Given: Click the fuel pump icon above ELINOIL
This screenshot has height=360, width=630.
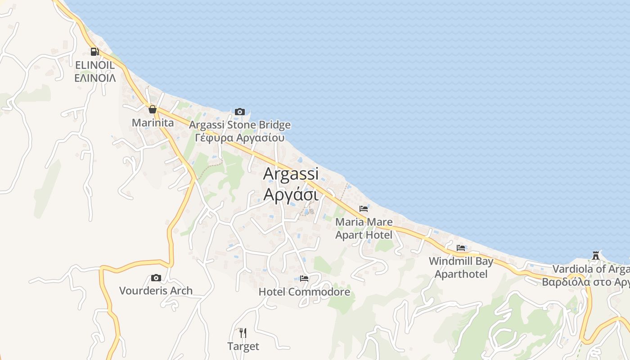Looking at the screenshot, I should (x=94, y=52).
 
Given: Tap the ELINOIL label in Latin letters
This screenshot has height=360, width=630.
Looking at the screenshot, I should (x=95, y=65).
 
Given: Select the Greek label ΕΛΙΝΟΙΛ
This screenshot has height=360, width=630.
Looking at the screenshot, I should (x=95, y=78).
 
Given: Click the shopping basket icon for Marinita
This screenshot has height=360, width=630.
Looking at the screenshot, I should (x=153, y=109).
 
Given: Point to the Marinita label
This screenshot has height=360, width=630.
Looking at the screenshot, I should (x=153, y=122).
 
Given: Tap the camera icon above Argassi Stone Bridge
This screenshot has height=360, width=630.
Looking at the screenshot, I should (x=240, y=112).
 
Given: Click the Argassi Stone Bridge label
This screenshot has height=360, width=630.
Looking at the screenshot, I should (x=240, y=125).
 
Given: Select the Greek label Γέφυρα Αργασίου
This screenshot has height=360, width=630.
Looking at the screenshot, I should (x=240, y=138).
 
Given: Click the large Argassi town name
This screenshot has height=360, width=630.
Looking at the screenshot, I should (x=291, y=174).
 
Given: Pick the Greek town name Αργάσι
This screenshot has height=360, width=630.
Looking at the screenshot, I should (x=291, y=194).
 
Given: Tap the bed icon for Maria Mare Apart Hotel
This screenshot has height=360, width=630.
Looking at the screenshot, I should (x=364, y=209).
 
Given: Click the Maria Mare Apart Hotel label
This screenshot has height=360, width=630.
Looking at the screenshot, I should (x=364, y=228).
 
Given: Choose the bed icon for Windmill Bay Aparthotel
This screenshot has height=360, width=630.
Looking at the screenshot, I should (x=461, y=248).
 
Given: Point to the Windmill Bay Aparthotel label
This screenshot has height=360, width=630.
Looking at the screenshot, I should (x=461, y=267).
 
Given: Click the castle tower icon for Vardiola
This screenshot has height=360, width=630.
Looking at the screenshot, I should (x=596, y=256).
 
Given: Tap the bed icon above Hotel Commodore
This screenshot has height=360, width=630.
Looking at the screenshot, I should (x=304, y=279).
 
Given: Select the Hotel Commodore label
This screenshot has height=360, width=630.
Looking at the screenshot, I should (x=304, y=292).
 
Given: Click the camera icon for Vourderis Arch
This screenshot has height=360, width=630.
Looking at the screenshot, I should (x=156, y=278).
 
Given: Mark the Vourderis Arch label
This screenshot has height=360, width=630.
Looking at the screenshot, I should (x=156, y=291).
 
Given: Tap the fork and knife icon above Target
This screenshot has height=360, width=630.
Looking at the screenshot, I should (x=243, y=333).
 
